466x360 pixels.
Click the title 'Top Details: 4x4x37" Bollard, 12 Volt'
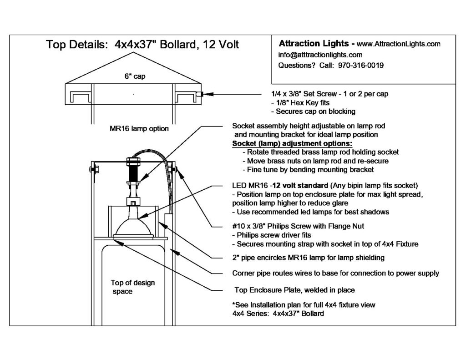pyautogui.click(x=142, y=45)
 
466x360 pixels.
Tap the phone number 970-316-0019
pyautogui.click(x=361, y=65)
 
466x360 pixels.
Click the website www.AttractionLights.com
pyautogui.click(x=399, y=44)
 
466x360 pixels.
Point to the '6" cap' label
pyautogui.click(x=134, y=77)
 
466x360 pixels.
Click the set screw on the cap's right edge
pyautogui.click(x=199, y=94)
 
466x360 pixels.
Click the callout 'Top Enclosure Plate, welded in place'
pyautogui.click(x=294, y=290)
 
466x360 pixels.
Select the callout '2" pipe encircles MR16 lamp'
pyautogui.click(x=308, y=258)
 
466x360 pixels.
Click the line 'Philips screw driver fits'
pyautogui.click(x=274, y=235)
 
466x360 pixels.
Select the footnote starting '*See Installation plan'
pyautogui.click(x=304, y=304)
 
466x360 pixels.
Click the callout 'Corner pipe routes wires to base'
pyautogui.click(x=335, y=274)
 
